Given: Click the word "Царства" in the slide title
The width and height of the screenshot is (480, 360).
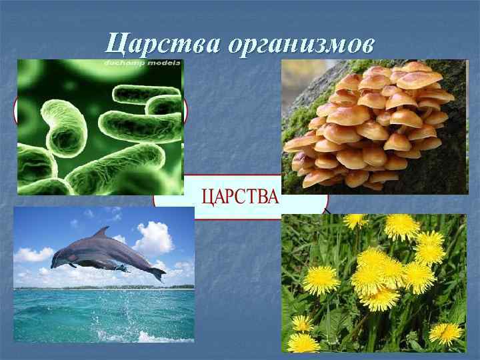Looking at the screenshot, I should [x=163, y=45].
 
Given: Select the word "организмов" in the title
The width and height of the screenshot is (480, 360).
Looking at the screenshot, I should [x=301, y=45].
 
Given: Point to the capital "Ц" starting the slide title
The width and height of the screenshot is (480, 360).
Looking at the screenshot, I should [x=115, y=45].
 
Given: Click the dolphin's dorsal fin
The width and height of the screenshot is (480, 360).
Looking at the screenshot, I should [x=102, y=233].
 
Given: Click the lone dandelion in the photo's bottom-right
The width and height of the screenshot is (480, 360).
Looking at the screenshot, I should [x=445, y=331].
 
